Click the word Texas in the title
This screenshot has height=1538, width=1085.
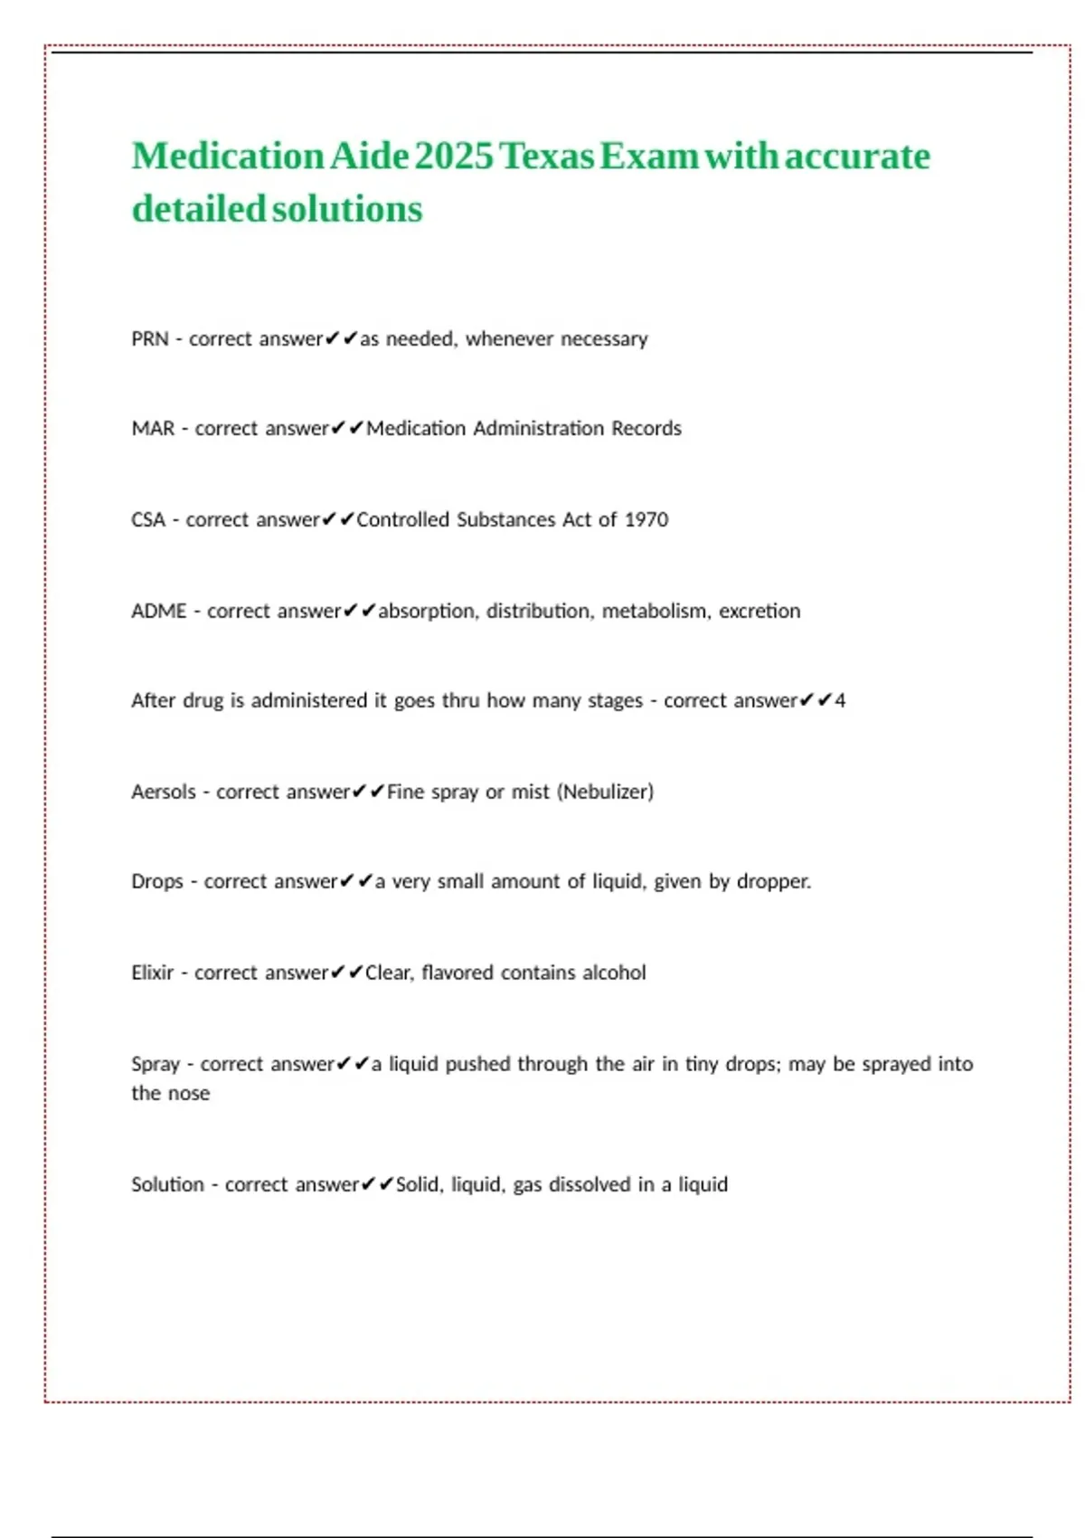coord(547,156)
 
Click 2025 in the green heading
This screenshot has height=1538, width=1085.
coord(455,156)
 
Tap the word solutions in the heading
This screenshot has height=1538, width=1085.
coord(347,209)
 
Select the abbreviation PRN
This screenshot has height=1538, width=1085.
coord(150,339)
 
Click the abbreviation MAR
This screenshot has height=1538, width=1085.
coord(153,429)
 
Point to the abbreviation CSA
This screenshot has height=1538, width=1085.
coord(148,520)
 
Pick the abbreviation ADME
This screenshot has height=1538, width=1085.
coord(159,612)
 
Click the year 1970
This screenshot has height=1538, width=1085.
coord(646,520)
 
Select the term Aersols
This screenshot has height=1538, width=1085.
coord(164,793)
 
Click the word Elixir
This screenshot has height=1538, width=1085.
coord(152,973)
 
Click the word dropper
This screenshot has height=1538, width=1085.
coord(773,882)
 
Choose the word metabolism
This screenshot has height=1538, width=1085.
coord(655,612)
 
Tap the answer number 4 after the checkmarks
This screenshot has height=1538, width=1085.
coord(840,701)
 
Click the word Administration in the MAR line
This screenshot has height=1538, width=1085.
coord(538,429)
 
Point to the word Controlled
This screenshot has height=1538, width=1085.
coord(403,520)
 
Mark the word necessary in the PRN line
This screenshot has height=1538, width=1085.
coord(604,339)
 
